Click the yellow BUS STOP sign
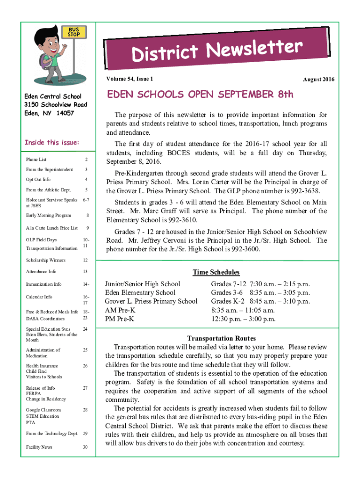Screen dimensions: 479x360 tap(73, 32)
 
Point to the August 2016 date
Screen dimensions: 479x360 tap(318, 80)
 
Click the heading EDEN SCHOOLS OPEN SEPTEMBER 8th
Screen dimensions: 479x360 tap(201, 95)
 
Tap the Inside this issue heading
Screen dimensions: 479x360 tap(52, 142)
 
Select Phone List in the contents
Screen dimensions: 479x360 tap(36, 160)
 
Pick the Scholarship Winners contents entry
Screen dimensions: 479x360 tap(46, 260)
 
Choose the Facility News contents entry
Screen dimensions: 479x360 tap(39, 447)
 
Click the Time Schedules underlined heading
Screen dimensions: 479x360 tap(216, 272)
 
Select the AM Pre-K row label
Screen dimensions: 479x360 tap(120, 310)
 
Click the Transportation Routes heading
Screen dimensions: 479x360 tap(221, 338)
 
